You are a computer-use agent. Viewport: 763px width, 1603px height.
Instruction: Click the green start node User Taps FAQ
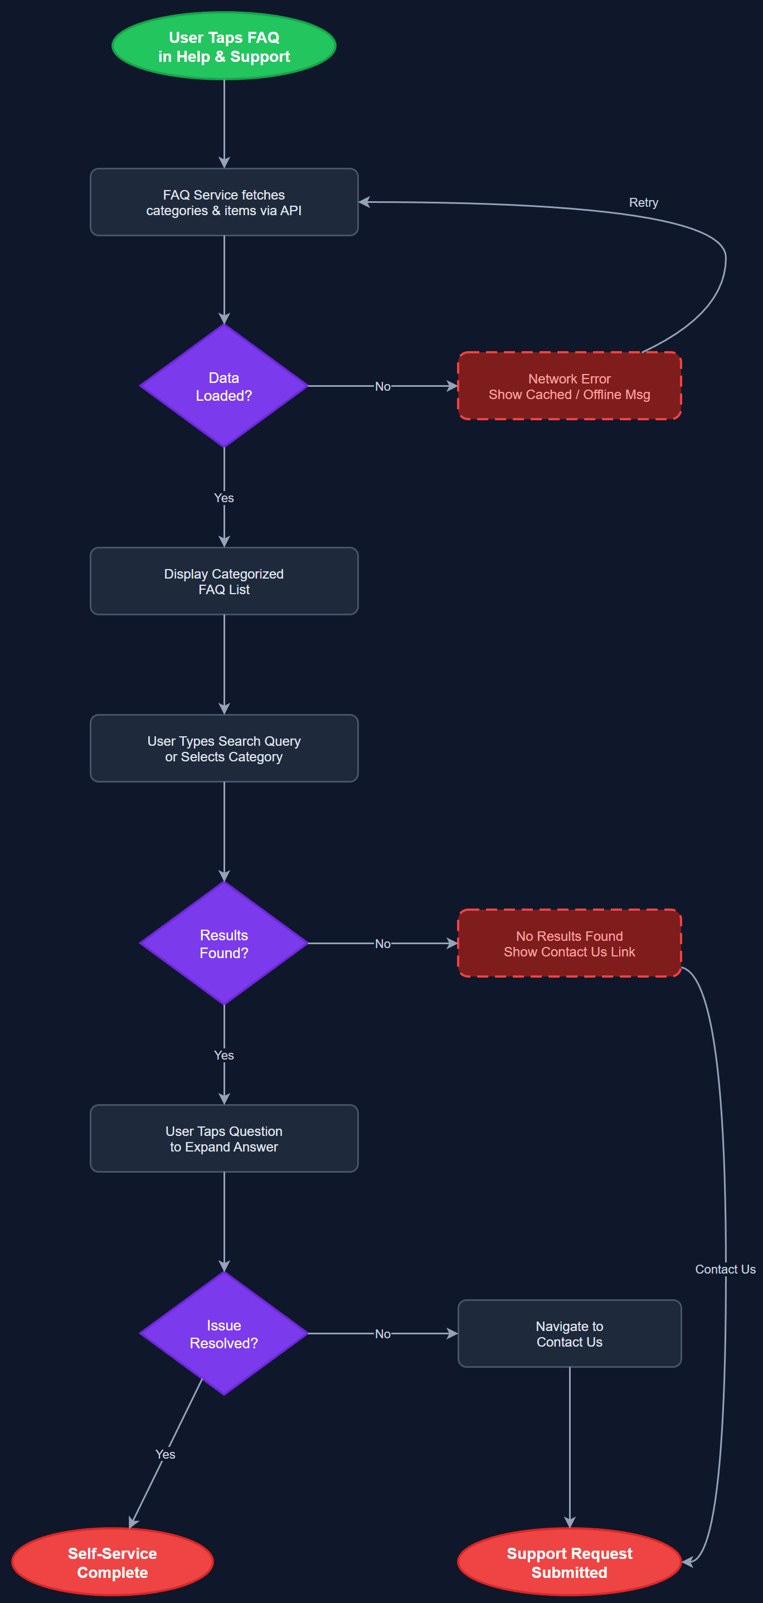(224, 47)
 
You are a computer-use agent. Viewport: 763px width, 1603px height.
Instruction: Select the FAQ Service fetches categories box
(224, 202)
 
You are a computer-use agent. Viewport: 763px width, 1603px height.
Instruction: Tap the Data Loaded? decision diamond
(224, 386)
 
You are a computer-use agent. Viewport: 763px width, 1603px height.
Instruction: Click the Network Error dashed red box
(569, 386)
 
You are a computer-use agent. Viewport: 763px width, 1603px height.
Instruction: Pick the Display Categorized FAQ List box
(224, 581)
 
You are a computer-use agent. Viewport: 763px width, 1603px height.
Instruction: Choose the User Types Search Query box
(224, 748)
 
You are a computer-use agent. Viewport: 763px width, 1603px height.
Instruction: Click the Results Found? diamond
(224, 944)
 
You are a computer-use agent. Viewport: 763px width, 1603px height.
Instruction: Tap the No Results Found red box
(569, 944)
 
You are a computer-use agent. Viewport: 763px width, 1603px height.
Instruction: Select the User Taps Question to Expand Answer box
(224, 1138)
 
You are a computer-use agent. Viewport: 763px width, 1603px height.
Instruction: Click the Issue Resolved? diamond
(224, 1334)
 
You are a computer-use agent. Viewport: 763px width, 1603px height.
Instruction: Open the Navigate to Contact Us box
(569, 1334)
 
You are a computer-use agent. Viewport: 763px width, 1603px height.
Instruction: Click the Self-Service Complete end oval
(113, 1562)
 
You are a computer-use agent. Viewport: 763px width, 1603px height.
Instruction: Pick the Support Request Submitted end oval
(569, 1562)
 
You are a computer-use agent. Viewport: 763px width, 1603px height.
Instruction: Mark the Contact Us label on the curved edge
(725, 1270)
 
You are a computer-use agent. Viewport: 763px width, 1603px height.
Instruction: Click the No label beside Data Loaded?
(383, 386)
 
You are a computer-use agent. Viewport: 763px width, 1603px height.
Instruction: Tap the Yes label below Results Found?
(224, 1056)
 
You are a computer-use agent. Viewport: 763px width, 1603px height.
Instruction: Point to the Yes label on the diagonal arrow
(165, 1454)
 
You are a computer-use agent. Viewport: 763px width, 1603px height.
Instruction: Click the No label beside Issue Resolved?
(383, 1334)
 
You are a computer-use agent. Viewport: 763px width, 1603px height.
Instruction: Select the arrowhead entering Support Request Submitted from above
(570, 1522)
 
